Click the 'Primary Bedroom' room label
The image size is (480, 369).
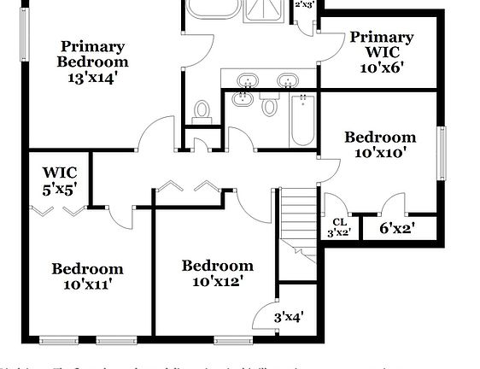[92, 54]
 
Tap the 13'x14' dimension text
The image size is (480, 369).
[92, 77]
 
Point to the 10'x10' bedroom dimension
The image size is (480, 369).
[380, 153]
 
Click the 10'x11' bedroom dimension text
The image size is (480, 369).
[87, 284]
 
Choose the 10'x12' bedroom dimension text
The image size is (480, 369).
[218, 281]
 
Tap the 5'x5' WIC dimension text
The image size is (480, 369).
[61, 189]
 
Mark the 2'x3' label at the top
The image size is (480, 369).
[304, 4]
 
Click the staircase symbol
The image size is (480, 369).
[298, 219]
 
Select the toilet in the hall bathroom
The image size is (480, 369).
[270, 106]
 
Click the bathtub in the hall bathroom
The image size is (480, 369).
[302, 120]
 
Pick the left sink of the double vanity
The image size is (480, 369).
[247, 81]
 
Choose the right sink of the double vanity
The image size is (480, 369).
[289, 81]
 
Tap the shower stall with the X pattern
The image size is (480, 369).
[267, 8]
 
